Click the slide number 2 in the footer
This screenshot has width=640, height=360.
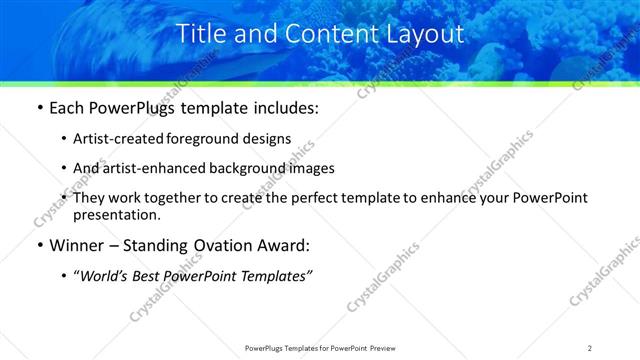point(590,347)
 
